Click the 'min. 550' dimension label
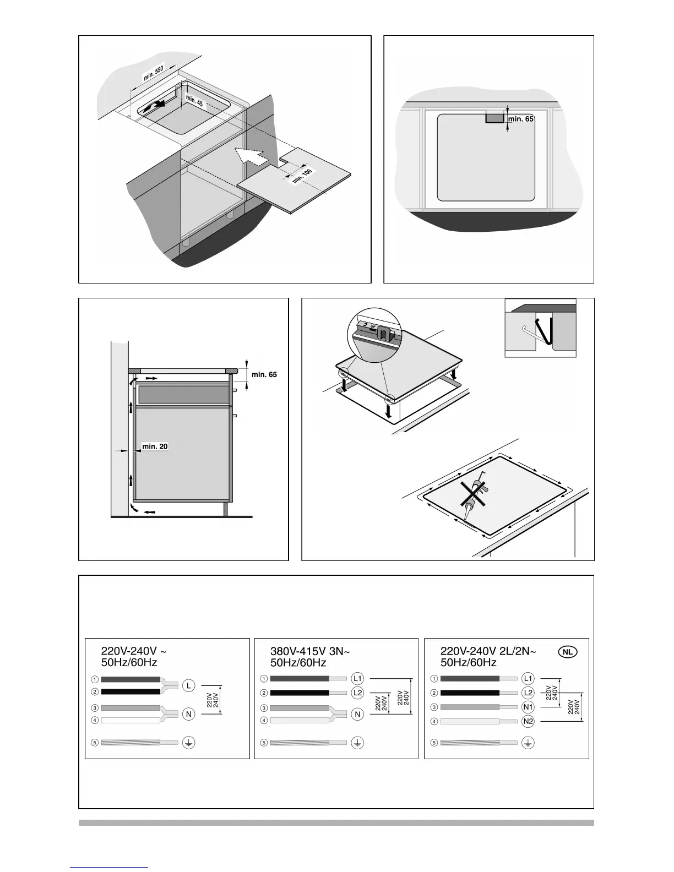154,73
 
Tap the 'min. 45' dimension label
194,101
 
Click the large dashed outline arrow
250,156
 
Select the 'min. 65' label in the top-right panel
521,118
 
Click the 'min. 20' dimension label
155,446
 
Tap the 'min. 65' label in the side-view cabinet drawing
264,375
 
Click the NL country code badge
568,652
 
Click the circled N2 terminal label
528,721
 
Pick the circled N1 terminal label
528,707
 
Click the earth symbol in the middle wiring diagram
358,743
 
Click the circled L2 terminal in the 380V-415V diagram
358,693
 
